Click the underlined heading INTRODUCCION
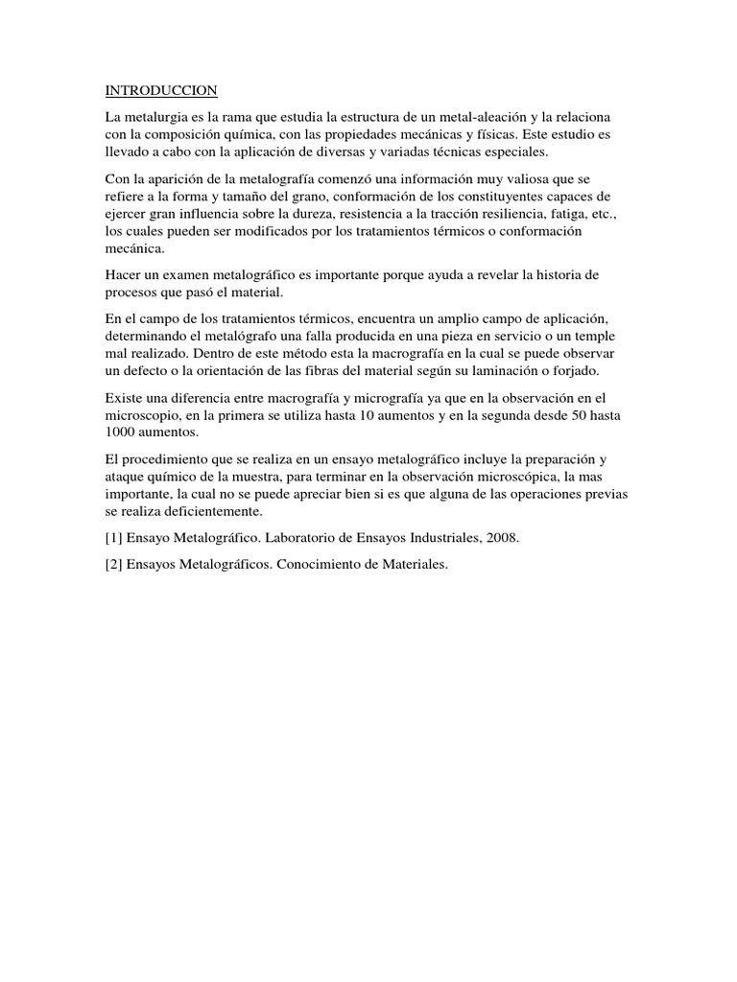coord(161,91)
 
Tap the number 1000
coord(121,433)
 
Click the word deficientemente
coord(193,511)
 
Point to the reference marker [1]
coord(114,538)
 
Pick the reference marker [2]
coord(114,565)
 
